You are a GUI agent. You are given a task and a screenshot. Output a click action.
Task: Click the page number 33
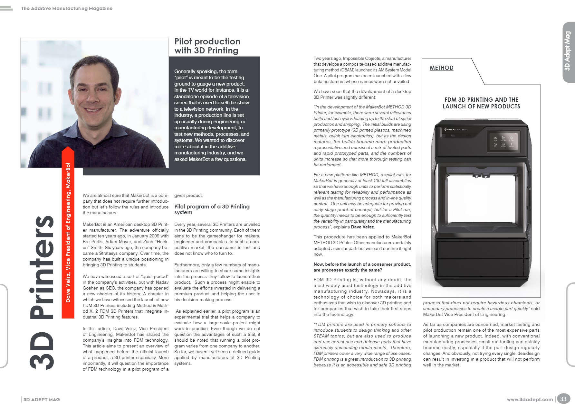(x=563, y=399)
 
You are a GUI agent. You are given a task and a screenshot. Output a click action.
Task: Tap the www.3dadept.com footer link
(x=530, y=400)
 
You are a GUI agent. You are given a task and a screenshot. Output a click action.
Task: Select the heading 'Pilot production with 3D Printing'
(x=207, y=46)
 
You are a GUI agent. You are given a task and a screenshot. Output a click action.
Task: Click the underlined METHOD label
(x=441, y=68)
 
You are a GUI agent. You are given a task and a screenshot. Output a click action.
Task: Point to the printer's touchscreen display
(x=503, y=141)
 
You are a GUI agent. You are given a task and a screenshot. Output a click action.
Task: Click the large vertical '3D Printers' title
(x=42, y=291)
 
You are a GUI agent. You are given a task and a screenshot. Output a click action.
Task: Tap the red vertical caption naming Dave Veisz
(x=68, y=233)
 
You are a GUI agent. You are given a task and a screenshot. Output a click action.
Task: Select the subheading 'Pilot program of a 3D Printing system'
(x=212, y=209)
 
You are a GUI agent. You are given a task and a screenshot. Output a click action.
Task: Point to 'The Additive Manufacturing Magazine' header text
(x=67, y=8)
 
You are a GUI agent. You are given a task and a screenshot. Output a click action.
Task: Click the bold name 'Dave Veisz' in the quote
(x=362, y=227)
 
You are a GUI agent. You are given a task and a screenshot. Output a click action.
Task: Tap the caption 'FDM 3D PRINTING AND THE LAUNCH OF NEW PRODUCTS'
(x=481, y=103)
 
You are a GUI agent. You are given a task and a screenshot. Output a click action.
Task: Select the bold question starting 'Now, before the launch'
(x=362, y=267)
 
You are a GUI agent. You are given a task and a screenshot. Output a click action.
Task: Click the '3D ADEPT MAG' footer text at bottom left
(x=42, y=400)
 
